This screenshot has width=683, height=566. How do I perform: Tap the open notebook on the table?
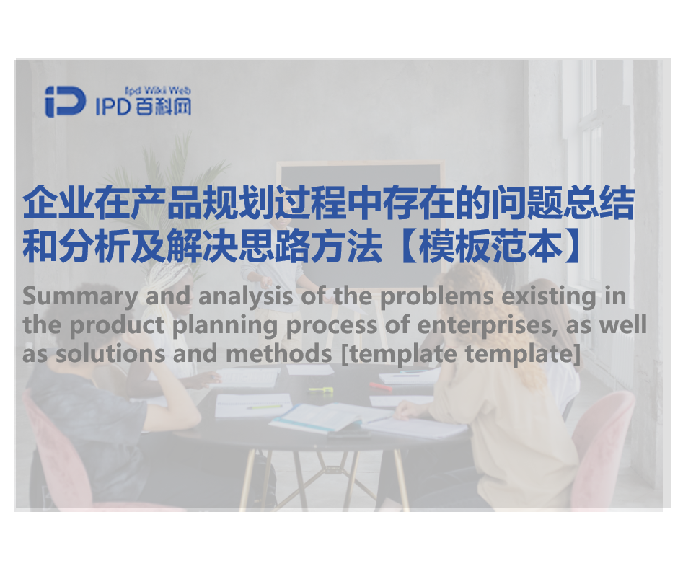pos(317,417)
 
